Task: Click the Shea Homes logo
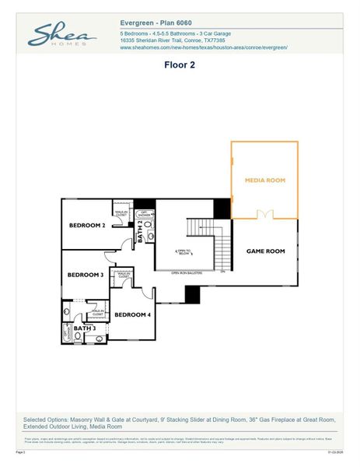(x=62, y=36)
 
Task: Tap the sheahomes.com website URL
(x=204, y=47)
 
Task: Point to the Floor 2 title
(x=180, y=65)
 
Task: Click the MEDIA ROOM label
(x=265, y=180)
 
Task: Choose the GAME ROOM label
(x=266, y=251)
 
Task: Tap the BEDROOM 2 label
(x=87, y=225)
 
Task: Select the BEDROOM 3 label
(x=85, y=275)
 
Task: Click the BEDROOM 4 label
(x=133, y=314)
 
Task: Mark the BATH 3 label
(x=84, y=328)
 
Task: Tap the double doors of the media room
(x=265, y=214)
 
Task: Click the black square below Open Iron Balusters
(x=192, y=294)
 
